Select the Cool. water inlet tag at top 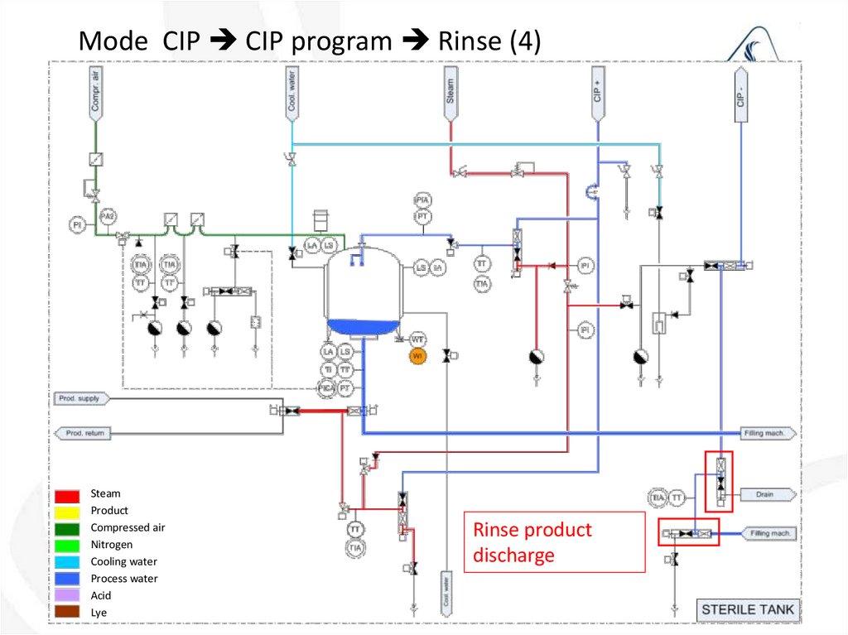(x=291, y=92)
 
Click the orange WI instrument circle (x=418, y=356)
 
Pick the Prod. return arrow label (x=82, y=433)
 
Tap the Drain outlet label (x=766, y=495)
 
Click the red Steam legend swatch (x=67, y=495)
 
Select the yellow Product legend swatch (x=67, y=512)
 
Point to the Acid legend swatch (x=67, y=595)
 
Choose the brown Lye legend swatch (x=67, y=613)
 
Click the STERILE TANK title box (x=747, y=610)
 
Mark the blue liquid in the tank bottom (x=363, y=326)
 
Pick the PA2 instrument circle (x=107, y=217)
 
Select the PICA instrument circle (x=328, y=387)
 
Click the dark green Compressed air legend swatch (x=67, y=528)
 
